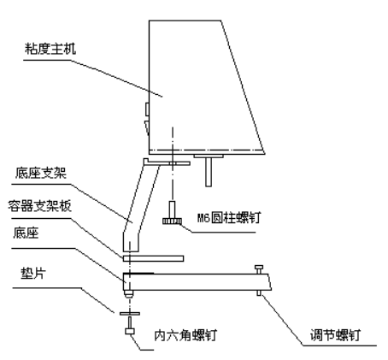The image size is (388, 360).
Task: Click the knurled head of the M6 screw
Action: [174, 222]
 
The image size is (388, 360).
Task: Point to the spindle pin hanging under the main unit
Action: [208, 170]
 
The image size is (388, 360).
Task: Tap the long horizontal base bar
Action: [197, 281]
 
